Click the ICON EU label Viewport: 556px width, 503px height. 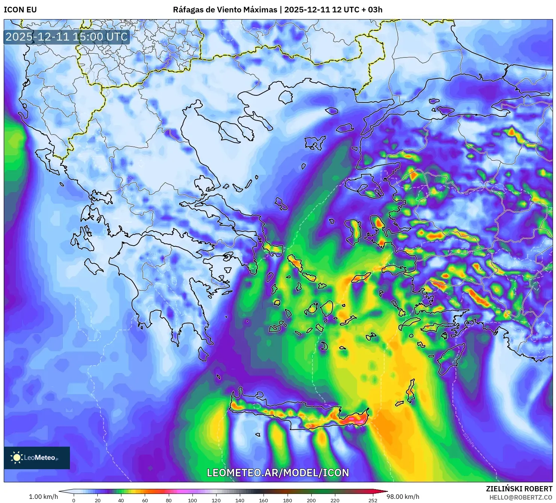(20, 9)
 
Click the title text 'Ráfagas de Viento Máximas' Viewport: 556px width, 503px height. (225, 9)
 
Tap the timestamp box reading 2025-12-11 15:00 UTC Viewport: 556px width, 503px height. (67, 37)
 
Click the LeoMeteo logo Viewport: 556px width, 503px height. (37, 458)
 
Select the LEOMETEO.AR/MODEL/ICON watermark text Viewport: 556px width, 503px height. (278, 473)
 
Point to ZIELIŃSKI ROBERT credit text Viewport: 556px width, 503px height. (519, 489)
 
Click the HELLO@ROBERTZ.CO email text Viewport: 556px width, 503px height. (521, 497)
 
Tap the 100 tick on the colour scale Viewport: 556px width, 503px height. (192, 500)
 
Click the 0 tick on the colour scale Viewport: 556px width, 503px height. (74, 500)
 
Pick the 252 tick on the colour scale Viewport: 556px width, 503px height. (373, 500)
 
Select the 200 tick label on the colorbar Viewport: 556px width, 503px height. (311, 500)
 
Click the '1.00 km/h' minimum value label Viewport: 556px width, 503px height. (44, 497)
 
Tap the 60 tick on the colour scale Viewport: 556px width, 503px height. (145, 500)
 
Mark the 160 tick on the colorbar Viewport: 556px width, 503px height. (264, 500)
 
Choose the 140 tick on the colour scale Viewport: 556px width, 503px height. (240, 500)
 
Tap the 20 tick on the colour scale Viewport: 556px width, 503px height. (98, 500)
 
